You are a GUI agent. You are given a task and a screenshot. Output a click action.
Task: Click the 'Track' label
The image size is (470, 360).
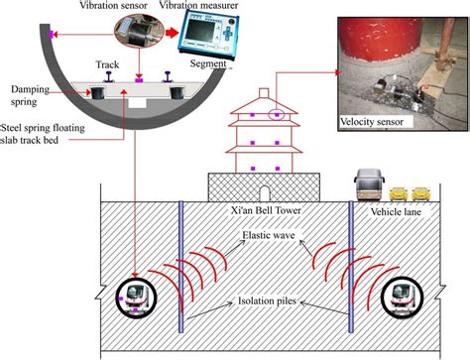pos(108,64)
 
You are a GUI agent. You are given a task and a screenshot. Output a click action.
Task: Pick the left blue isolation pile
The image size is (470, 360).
pos(179,268)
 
